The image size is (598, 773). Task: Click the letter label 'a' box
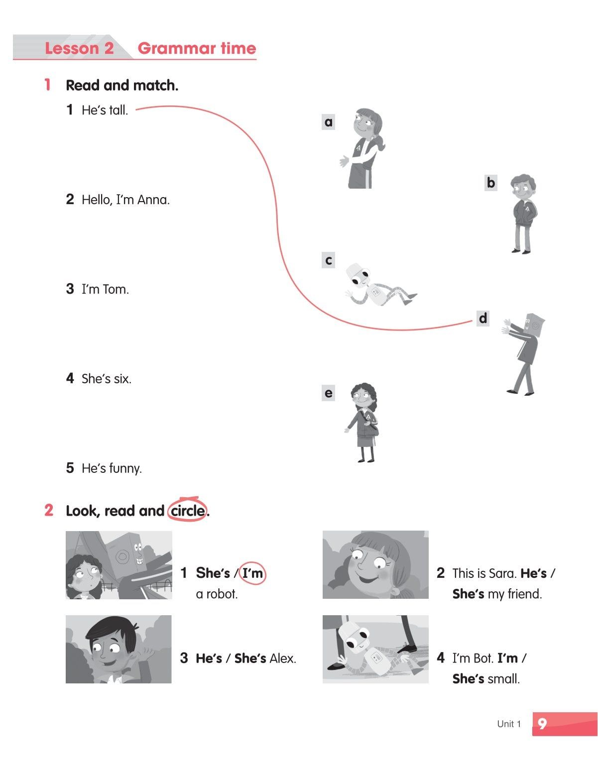tap(328, 122)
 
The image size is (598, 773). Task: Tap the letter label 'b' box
tap(490, 183)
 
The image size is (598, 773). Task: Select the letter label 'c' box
tap(328, 260)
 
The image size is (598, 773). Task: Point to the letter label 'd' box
tap(483, 318)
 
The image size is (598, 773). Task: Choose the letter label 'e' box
tap(328, 393)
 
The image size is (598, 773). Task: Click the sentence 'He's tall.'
tap(105, 110)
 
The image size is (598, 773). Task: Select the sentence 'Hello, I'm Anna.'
tap(125, 200)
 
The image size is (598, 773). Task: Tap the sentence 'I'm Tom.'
tap(105, 289)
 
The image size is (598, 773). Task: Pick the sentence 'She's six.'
tap(107, 379)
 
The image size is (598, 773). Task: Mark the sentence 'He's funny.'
tap(112, 468)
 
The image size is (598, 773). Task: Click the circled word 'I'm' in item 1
tap(252, 573)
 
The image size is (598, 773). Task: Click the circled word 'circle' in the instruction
tap(188, 511)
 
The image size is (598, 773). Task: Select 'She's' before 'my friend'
tap(468, 594)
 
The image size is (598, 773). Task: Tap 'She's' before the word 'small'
tap(468, 679)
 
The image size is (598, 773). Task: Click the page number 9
tap(542, 724)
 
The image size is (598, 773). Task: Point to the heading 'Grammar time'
tap(197, 48)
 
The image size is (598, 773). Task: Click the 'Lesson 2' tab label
tap(79, 48)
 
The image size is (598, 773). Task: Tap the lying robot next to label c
tap(379, 286)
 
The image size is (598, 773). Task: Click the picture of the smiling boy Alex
tap(119, 649)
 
